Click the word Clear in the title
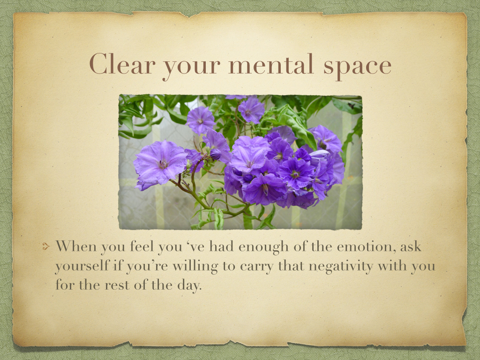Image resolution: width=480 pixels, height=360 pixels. [x=122, y=64]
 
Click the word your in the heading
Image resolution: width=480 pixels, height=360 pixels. [x=192, y=67]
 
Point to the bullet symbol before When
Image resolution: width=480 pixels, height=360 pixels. [x=46, y=247]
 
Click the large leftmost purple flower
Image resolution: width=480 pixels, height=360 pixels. [x=160, y=163]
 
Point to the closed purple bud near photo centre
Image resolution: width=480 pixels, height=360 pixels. [x=215, y=154]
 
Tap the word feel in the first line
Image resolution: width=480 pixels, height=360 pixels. [x=142, y=246]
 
